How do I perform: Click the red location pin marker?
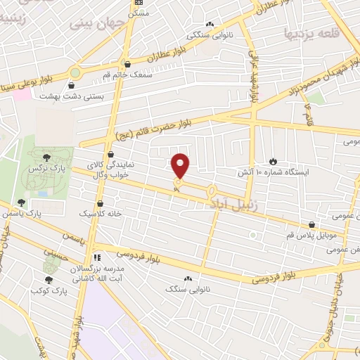181,166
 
